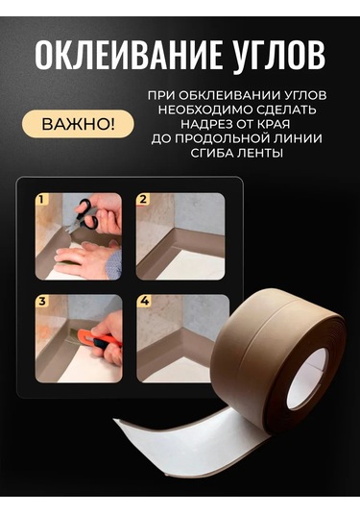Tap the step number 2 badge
click(143, 201)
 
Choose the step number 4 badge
click(143, 301)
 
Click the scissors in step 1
click(95, 213)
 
